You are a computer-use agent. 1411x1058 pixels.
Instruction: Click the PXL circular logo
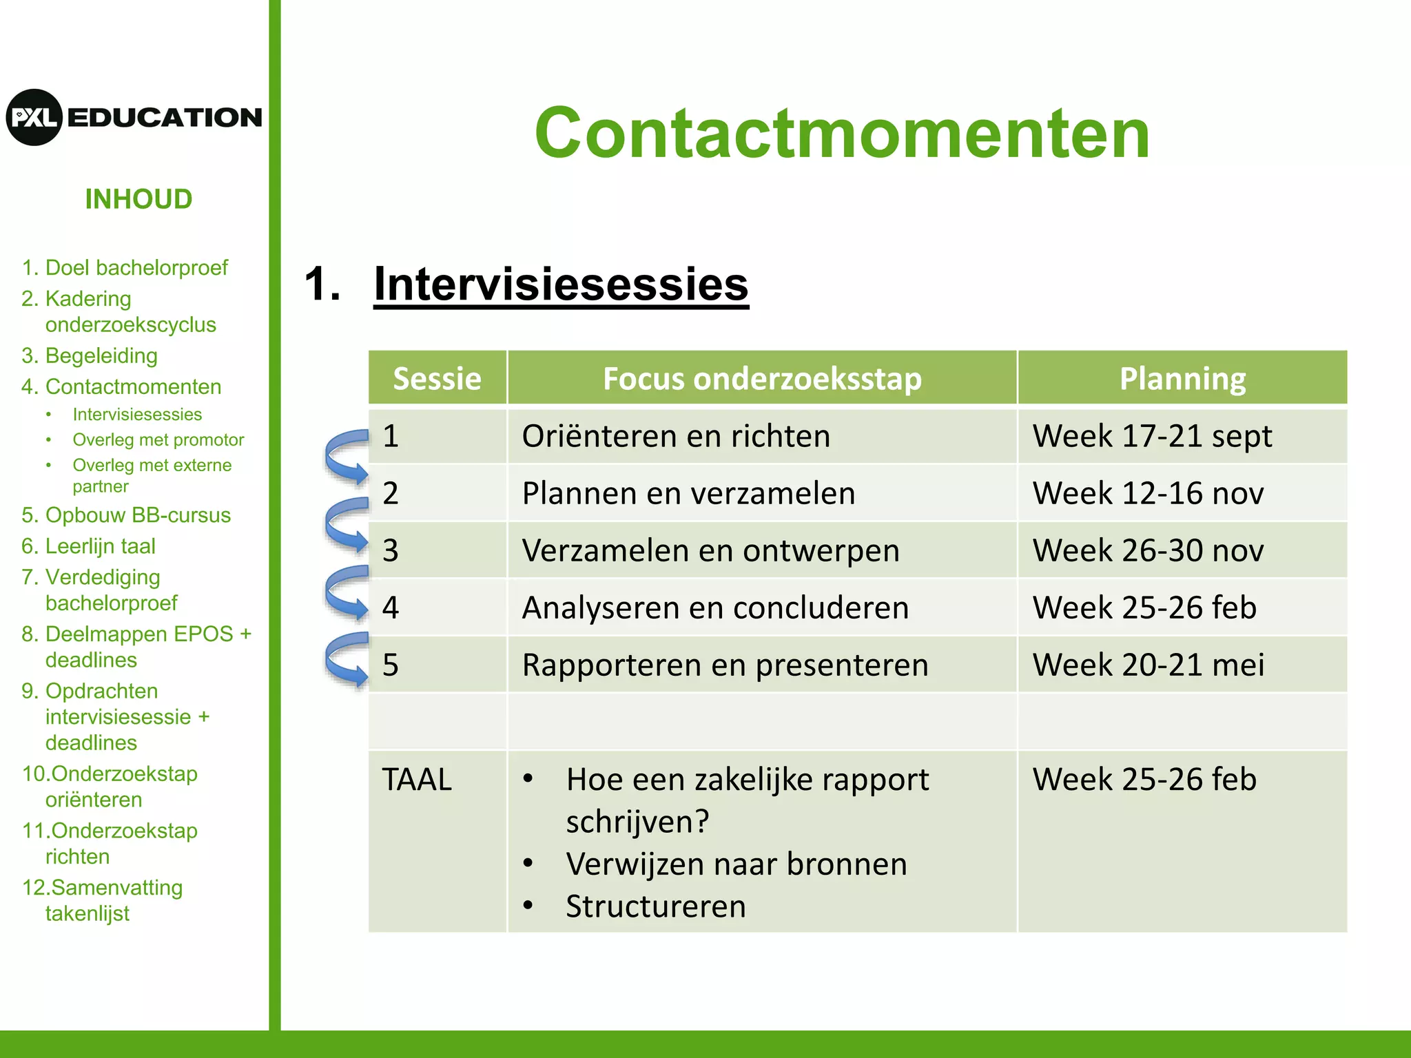click(x=34, y=117)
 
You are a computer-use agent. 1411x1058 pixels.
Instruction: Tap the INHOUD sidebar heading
click(x=138, y=199)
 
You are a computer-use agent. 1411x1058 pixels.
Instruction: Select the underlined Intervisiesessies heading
click(x=561, y=284)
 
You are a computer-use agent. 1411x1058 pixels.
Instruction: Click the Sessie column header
click(x=437, y=378)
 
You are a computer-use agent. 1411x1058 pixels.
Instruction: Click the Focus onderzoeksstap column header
click(x=762, y=378)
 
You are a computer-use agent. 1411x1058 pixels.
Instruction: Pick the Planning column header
click(x=1182, y=378)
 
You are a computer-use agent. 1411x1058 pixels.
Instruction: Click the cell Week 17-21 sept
click(x=1152, y=436)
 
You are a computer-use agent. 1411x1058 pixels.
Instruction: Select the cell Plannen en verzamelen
click(x=688, y=493)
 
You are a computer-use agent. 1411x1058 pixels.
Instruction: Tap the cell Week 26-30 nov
click(x=1148, y=550)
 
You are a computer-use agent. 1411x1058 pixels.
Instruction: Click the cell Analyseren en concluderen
click(x=715, y=608)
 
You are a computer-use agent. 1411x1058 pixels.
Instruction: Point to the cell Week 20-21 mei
click(x=1148, y=665)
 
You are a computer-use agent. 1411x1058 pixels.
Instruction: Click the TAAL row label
click(x=417, y=780)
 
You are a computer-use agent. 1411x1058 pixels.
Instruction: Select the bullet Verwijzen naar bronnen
click(x=736, y=864)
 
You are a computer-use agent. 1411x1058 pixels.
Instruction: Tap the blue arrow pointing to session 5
click(x=346, y=660)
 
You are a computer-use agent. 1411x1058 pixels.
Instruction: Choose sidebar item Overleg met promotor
click(x=158, y=439)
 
